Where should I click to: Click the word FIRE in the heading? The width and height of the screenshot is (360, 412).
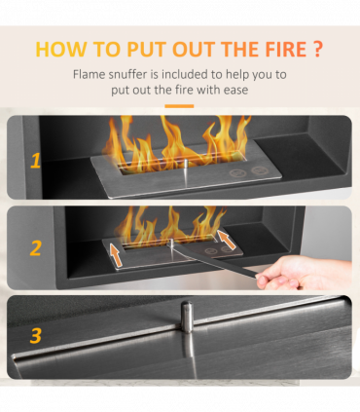pyautogui.click(x=286, y=49)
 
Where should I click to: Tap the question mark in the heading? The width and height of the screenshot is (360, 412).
pyautogui.click(x=318, y=49)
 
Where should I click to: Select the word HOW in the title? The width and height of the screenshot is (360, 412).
pyautogui.click(x=61, y=49)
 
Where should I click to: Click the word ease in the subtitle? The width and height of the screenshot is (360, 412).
pyautogui.click(x=235, y=90)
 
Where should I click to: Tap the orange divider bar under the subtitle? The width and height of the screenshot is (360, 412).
pyautogui.click(x=179, y=106)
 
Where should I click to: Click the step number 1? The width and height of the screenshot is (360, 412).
pyautogui.click(x=35, y=161)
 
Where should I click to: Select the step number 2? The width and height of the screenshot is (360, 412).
pyautogui.click(x=36, y=248)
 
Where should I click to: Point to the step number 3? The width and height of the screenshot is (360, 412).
pyautogui.click(x=36, y=336)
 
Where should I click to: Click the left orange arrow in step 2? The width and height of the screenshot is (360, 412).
pyautogui.click(x=117, y=255)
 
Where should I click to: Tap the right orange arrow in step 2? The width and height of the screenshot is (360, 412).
pyautogui.click(x=227, y=240)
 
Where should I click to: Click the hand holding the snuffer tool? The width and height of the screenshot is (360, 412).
pyautogui.click(x=302, y=273)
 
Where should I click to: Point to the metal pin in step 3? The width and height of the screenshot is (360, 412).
pyautogui.click(x=187, y=317)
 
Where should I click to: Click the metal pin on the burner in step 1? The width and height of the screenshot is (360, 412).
pyautogui.click(x=186, y=168)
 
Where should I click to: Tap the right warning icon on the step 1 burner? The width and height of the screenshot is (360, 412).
pyautogui.click(x=260, y=170)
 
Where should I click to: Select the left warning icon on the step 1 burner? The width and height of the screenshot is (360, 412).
pyautogui.click(x=237, y=173)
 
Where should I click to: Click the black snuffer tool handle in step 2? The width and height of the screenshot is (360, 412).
pyautogui.click(x=214, y=260)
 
